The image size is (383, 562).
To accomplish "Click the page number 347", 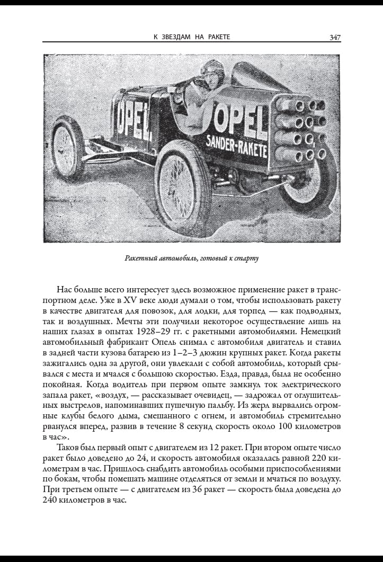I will pos(335,37).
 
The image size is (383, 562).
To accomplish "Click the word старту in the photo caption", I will pos(247,258).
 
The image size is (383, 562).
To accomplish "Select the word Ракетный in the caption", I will pos(140,258).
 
